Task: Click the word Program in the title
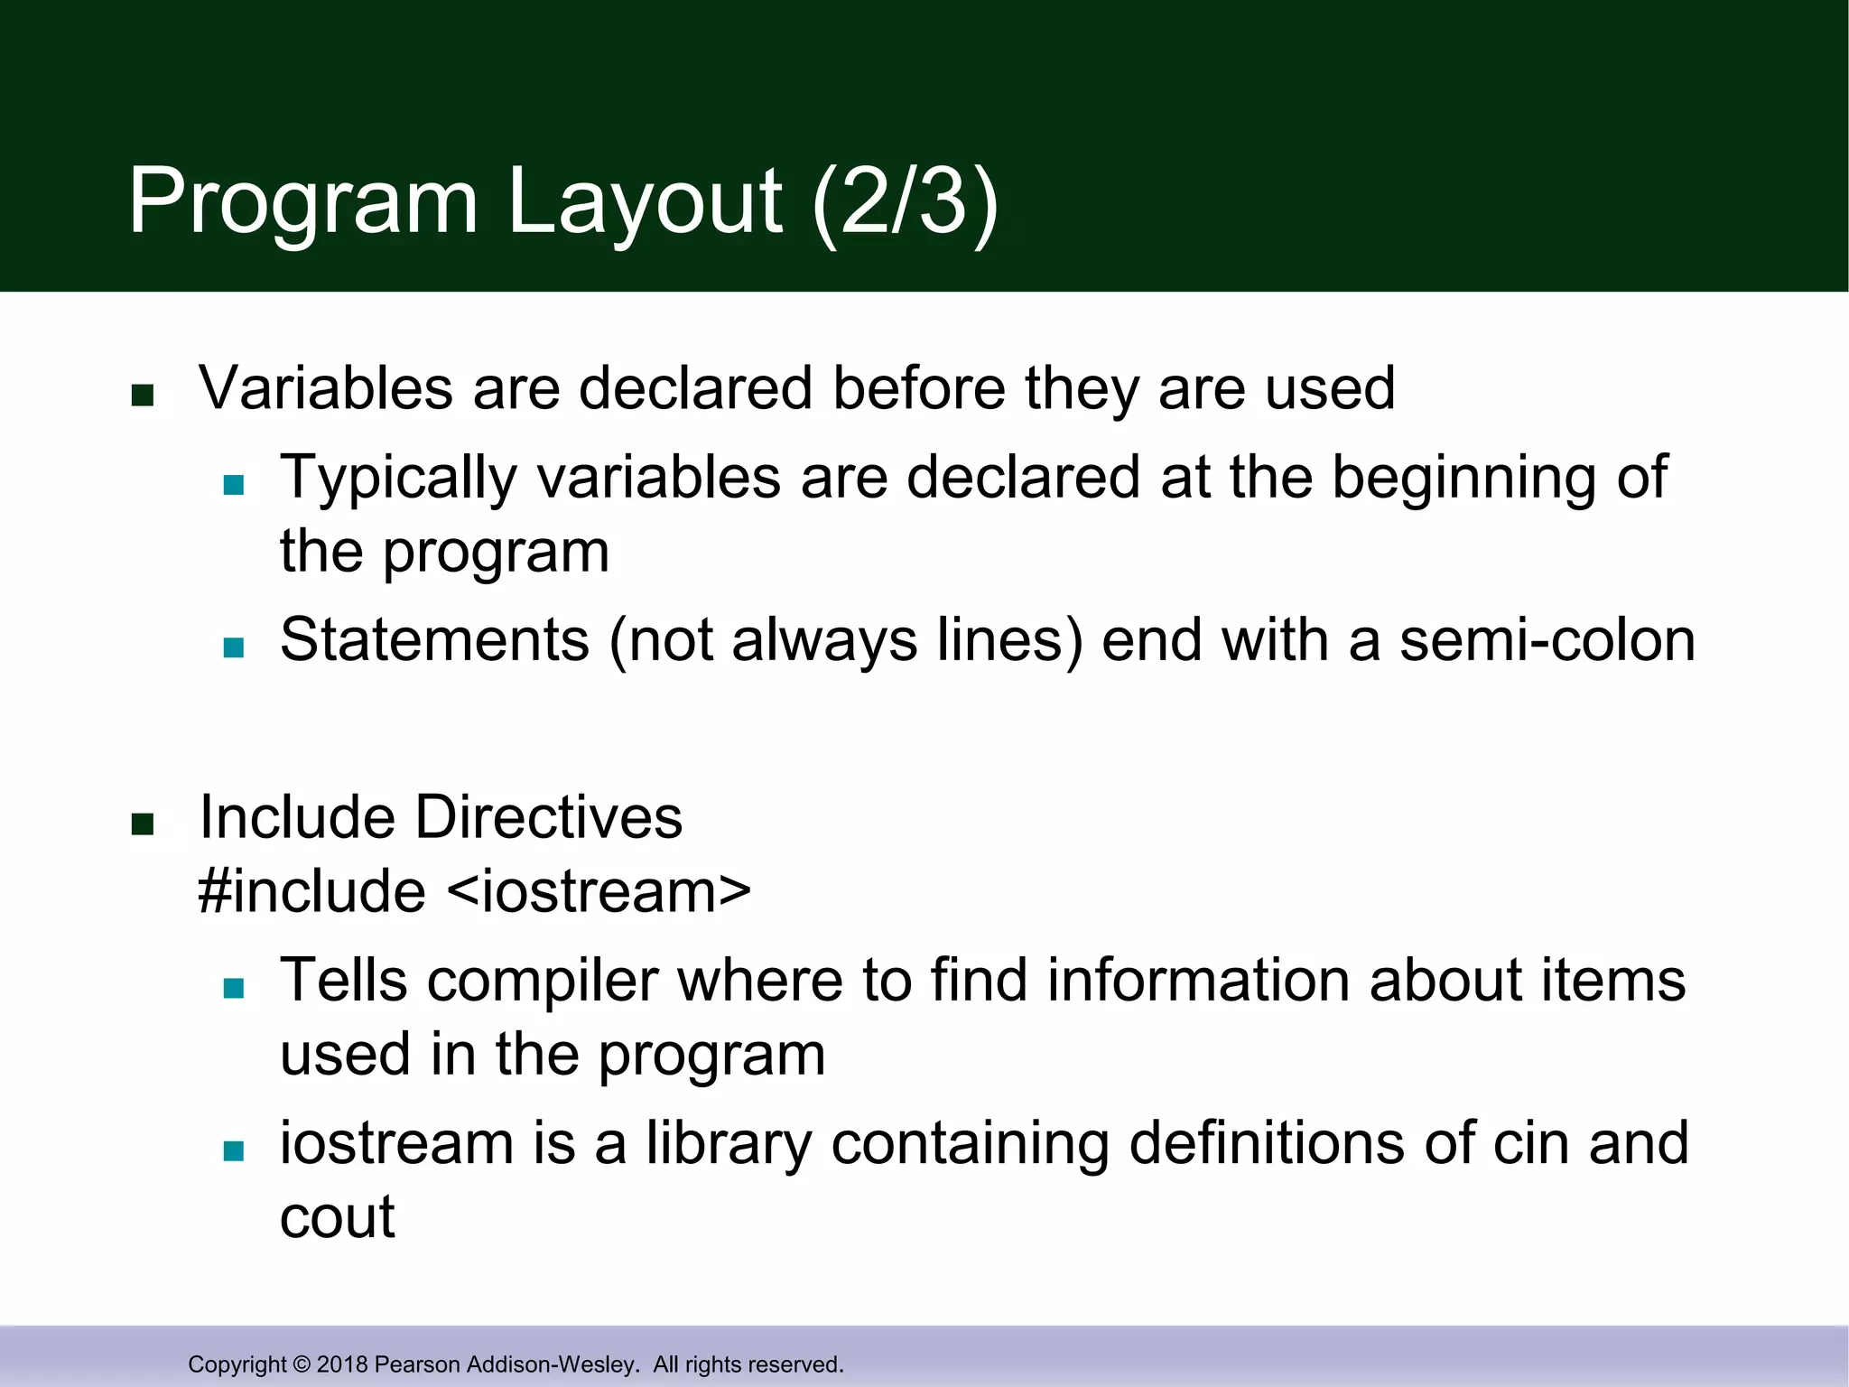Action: [x=302, y=203]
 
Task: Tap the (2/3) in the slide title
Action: [x=905, y=201]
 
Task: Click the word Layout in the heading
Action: [x=645, y=203]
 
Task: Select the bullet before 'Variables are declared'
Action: [x=143, y=395]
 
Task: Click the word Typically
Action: [x=398, y=479]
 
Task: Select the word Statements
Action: [x=434, y=640]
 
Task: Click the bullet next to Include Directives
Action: [x=143, y=824]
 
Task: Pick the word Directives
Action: [x=548, y=817]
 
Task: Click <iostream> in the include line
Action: [x=599, y=891]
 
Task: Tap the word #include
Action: [x=311, y=891]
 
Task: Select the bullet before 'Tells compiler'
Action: [x=234, y=987]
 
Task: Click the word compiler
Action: [x=543, y=982]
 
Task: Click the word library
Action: [x=729, y=1143]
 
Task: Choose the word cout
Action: [x=337, y=1217]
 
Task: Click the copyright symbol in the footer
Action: [x=302, y=1364]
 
